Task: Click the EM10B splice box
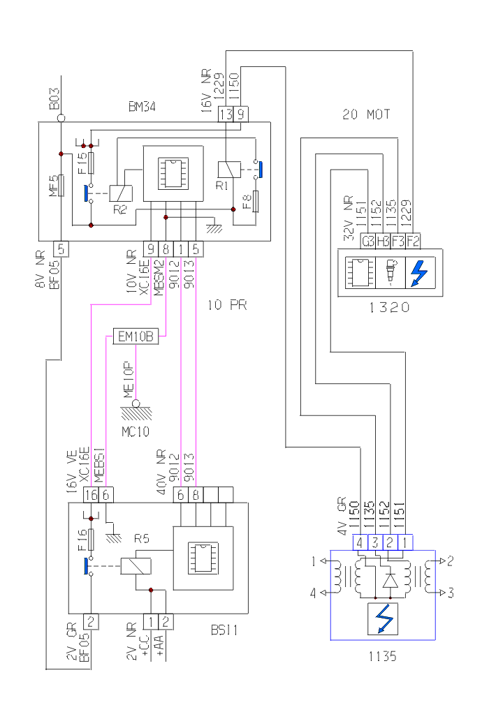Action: [x=135, y=338]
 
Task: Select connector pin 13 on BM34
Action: [x=226, y=114]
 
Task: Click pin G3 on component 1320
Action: [x=367, y=242]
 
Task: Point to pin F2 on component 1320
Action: [x=413, y=242]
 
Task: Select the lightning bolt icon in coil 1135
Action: [x=384, y=620]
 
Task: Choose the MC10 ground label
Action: [x=136, y=431]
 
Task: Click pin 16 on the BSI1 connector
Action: [x=90, y=494]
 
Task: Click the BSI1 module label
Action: [x=224, y=630]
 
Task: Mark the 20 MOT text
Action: [x=367, y=114]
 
